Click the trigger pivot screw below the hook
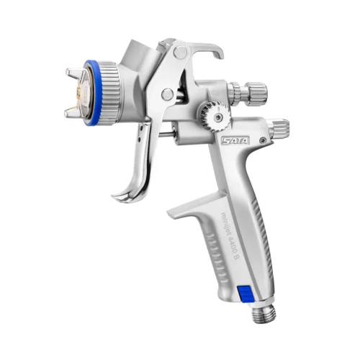[168, 94]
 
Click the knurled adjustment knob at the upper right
[249, 93]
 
